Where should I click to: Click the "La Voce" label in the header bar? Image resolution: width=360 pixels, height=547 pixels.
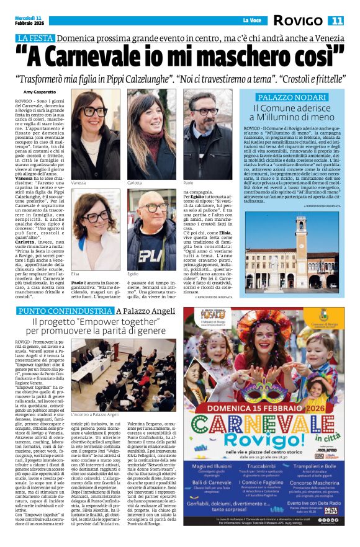pos(251,21)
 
